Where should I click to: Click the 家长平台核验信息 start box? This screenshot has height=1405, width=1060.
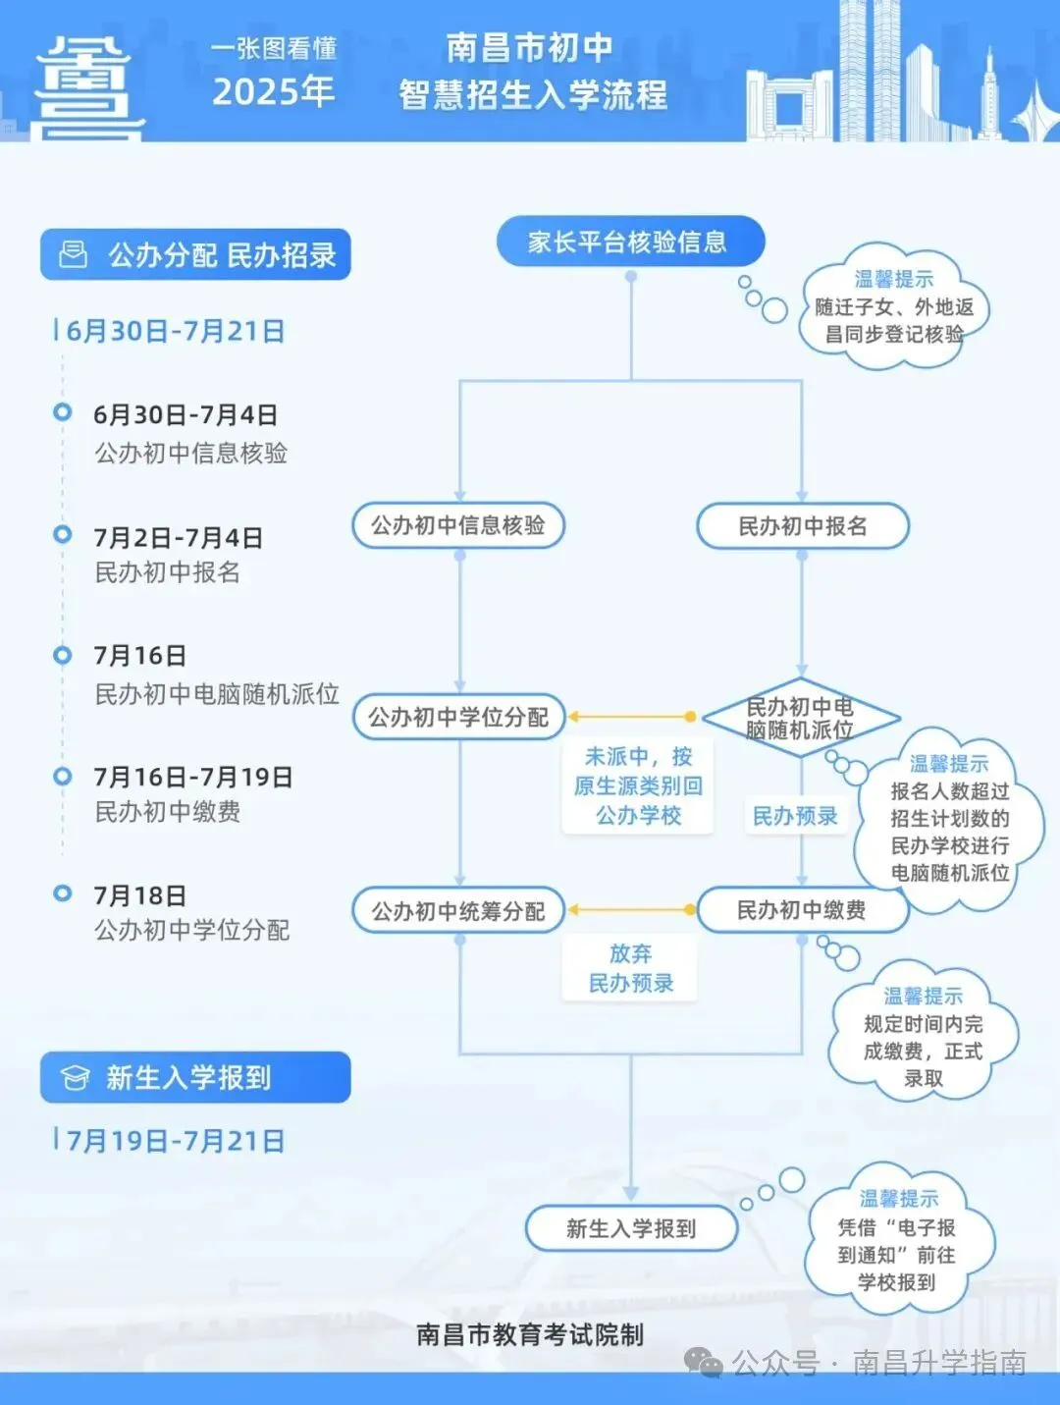[x=629, y=242]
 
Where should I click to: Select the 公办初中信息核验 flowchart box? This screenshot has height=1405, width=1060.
[x=458, y=525]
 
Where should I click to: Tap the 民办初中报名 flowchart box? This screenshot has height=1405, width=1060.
[x=802, y=526]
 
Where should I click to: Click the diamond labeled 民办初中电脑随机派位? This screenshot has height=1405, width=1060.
[x=800, y=718]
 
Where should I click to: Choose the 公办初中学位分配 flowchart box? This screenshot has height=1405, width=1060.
[x=458, y=717]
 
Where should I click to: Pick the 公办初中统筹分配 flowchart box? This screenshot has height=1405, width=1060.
[x=458, y=911]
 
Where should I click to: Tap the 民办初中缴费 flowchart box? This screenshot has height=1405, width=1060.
[x=802, y=910]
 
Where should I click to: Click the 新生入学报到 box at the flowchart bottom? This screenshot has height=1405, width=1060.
[x=631, y=1228]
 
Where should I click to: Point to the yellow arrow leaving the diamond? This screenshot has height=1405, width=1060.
[x=632, y=717]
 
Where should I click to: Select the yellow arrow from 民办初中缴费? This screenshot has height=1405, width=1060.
[x=632, y=910]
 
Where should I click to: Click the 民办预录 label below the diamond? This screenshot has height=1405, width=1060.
[x=795, y=816]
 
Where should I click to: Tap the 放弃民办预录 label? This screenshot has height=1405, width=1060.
[x=630, y=968]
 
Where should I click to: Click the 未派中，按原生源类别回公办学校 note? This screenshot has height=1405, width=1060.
[x=638, y=785]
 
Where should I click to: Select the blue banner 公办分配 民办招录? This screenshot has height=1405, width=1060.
[x=195, y=255]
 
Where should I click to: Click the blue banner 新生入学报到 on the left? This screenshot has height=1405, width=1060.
[x=195, y=1077]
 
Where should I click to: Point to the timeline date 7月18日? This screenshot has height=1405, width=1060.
[x=140, y=895]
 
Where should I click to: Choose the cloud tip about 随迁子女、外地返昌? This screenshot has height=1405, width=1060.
[x=893, y=307]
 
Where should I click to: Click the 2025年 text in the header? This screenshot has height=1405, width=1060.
[x=274, y=91]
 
